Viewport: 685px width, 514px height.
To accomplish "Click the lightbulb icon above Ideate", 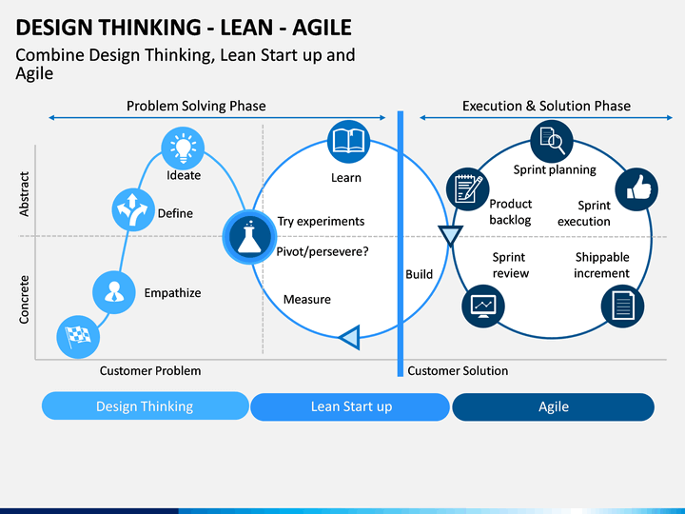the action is pyautogui.click(x=183, y=148).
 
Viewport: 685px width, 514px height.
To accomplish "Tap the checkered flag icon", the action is pyautogui.click(x=78, y=337).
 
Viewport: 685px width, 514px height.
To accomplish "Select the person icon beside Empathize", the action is pyautogui.click(x=114, y=292).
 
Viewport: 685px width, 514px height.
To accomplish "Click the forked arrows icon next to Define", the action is pyautogui.click(x=133, y=209).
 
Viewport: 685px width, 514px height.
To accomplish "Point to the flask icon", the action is pyautogui.click(x=249, y=236).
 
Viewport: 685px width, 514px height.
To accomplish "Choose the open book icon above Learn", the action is pyautogui.click(x=348, y=142).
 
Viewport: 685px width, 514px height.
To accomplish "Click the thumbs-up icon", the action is pyautogui.click(x=636, y=189).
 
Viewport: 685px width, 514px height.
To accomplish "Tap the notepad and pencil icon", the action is pyautogui.click(x=467, y=188).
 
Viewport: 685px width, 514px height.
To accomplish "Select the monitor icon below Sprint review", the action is pyautogui.click(x=483, y=306).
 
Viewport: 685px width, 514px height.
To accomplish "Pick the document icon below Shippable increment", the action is pyautogui.click(x=622, y=306).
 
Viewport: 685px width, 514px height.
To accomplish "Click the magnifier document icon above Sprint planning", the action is pyautogui.click(x=552, y=142).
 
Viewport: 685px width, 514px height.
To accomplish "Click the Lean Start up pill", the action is pyautogui.click(x=350, y=407).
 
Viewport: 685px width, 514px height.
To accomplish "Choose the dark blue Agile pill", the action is pyautogui.click(x=553, y=407).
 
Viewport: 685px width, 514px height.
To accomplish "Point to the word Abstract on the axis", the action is pyautogui.click(x=24, y=193).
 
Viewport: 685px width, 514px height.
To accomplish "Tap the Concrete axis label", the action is pyautogui.click(x=24, y=300).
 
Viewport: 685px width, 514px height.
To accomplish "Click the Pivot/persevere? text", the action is pyautogui.click(x=323, y=251).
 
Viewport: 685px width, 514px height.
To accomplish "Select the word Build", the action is pyautogui.click(x=419, y=274).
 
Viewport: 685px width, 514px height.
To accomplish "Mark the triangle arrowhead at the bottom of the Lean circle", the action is pyautogui.click(x=349, y=337).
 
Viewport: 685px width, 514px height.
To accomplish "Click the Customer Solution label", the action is pyautogui.click(x=458, y=370).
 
